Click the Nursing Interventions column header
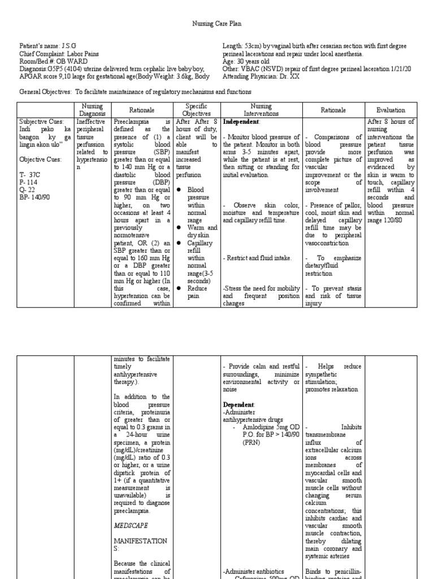pyautogui.click(x=262, y=110)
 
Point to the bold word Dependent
pyautogui.click(x=239, y=405)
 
